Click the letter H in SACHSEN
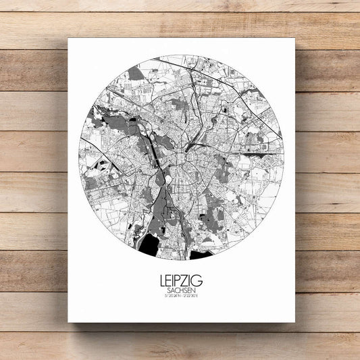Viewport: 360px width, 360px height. click(182, 288)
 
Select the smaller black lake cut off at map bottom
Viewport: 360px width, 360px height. click(201, 255)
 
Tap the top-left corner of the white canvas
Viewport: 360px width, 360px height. click(69, 39)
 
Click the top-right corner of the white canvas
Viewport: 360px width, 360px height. click(294, 39)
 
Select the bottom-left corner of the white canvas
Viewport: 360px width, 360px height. click(69, 322)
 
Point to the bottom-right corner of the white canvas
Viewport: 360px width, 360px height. click(294, 322)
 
